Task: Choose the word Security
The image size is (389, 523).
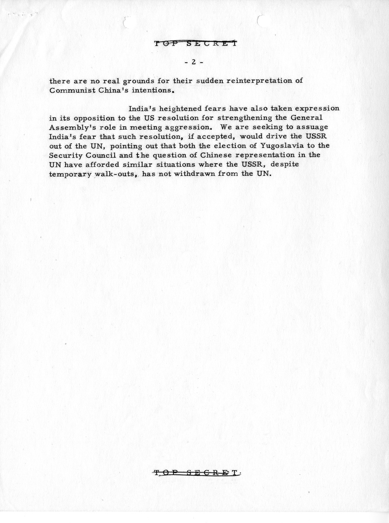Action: pyautogui.click(x=66, y=155)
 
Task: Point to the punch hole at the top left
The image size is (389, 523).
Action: pyautogui.click(x=127, y=21)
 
